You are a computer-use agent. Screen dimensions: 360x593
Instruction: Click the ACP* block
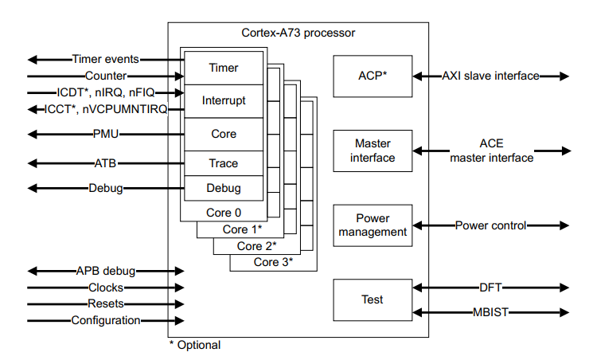click(x=372, y=76)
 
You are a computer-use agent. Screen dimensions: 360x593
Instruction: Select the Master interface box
click(x=372, y=151)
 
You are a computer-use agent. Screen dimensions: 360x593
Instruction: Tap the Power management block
click(x=372, y=225)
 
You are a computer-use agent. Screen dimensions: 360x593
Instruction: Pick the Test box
click(x=372, y=300)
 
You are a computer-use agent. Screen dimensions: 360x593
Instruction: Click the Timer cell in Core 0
click(x=223, y=68)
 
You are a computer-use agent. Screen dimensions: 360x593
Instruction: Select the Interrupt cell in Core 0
click(x=223, y=101)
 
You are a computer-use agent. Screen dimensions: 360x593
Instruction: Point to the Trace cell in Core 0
click(x=223, y=163)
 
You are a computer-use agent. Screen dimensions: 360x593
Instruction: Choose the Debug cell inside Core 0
click(x=223, y=189)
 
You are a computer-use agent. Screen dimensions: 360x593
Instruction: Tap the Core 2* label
click(x=256, y=245)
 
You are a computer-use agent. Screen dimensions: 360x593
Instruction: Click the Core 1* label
click(x=240, y=229)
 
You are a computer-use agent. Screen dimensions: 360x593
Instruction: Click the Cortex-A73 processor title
click(x=298, y=33)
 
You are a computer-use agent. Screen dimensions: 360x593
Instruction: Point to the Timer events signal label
click(x=106, y=59)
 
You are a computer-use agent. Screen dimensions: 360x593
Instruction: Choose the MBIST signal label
click(x=490, y=313)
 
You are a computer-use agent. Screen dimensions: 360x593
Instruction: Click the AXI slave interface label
click(x=490, y=76)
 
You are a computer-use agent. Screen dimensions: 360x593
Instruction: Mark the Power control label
click(x=490, y=225)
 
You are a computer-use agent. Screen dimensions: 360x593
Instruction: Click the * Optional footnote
click(x=195, y=345)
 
